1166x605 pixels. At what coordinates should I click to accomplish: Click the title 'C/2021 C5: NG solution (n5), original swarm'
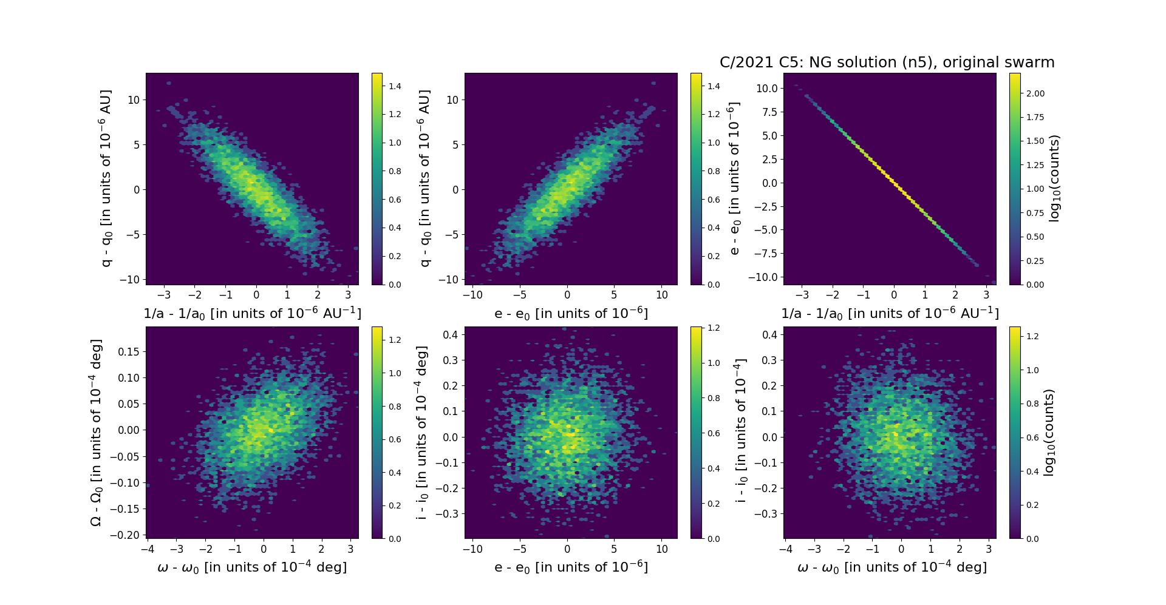tap(887, 63)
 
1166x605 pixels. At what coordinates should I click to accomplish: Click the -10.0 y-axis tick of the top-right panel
tap(764, 277)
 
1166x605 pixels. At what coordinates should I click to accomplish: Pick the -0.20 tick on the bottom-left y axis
tap(130, 535)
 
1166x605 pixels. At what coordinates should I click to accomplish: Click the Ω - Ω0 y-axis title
tap(96, 433)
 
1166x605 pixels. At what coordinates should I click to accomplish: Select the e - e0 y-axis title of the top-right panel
tap(734, 178)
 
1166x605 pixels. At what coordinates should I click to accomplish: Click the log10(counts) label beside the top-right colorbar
tap(1054, 178)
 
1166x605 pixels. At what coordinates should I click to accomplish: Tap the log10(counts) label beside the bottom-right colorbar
tap(1048, 433)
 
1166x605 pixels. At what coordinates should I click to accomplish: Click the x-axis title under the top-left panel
tap(252, 314)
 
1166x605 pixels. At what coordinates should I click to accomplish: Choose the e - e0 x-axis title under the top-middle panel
tap(571, 314)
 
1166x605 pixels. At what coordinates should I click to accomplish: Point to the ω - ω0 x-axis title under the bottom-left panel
tap(252, 567)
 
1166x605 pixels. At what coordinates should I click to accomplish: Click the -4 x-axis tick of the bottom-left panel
tap(147, 549)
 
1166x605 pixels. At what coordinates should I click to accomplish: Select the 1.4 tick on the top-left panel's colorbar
tap(395, 86)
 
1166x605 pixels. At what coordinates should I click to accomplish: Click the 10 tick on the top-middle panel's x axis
tap(662, 295)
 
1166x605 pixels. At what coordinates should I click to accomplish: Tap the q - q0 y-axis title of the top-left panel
tap(106, 178)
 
